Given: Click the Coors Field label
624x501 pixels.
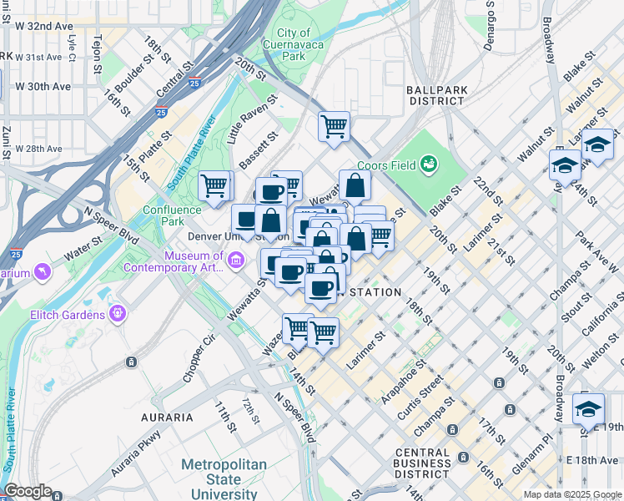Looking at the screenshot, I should (387, 164).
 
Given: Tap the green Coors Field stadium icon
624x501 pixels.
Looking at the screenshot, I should (430, 164).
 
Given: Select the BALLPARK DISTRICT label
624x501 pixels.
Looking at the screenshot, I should (435, 94).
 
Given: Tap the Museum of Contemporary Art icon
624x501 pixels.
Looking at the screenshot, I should (236, 262).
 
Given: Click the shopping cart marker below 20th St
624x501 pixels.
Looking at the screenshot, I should (334, 127).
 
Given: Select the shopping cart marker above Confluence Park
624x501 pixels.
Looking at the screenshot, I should (214, 185).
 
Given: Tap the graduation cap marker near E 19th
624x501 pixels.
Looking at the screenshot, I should (588, 409).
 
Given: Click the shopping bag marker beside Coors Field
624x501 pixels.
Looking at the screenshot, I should (355, 185).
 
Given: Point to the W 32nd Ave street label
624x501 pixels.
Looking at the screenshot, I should (44, 26).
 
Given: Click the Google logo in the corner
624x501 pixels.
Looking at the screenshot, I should (28, 491).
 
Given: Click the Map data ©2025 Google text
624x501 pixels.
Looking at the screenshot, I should (571, 494).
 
